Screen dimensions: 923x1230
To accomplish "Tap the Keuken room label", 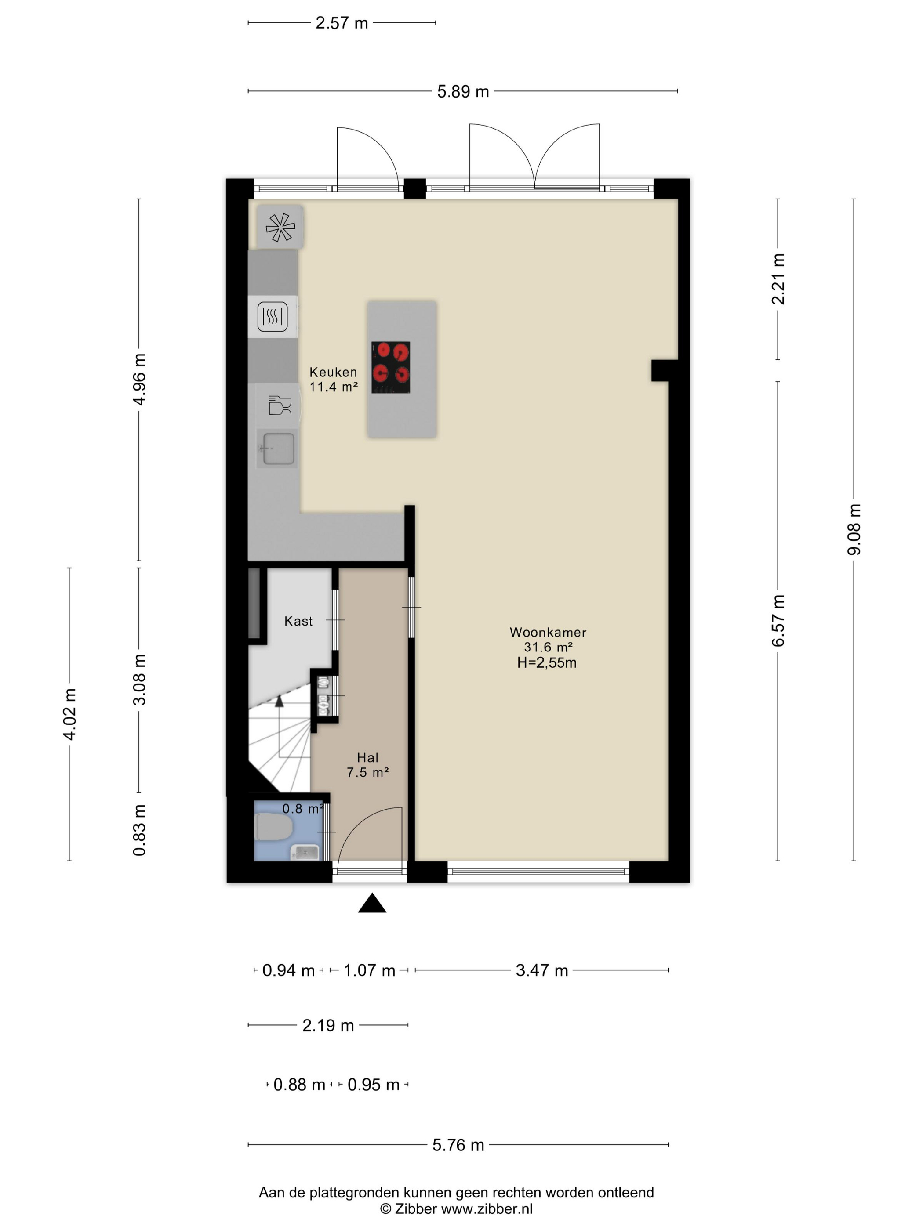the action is click(333, 372).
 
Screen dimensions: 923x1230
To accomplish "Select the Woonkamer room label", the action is click(548, 632).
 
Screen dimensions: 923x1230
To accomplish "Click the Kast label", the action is click(298, 621).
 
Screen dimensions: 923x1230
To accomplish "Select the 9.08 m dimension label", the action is click(854, 529).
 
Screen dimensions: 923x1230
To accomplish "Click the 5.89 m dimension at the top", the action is click(463, 91).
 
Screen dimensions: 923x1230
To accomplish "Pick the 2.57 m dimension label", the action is click(342, 23).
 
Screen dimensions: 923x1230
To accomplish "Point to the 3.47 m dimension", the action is click(542, 970).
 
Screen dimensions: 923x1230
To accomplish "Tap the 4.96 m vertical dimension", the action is click(139, 379).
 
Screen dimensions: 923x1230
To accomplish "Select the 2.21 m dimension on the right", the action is click(778, 279).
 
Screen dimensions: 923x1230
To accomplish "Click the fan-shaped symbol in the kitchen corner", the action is click(280, 227).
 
